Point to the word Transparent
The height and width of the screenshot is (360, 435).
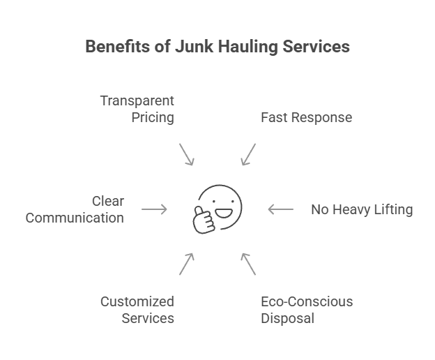(137, 100)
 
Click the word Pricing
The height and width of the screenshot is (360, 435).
(153, 117)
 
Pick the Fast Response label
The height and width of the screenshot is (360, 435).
(306, 117)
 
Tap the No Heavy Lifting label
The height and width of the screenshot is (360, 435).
(362, 209)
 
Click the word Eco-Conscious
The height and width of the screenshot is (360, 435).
(307, 302)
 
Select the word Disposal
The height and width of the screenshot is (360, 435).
(287, 319)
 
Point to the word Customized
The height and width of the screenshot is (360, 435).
(137, 302)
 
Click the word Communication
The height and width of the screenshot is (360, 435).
(75, 218)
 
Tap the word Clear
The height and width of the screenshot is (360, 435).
(108, 201)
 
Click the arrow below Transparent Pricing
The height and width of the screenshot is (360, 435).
(186, 154)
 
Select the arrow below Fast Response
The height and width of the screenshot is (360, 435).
(248, 154)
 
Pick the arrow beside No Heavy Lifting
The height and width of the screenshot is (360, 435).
(280, 209)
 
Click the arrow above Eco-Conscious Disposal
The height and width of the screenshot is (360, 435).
(248, 263)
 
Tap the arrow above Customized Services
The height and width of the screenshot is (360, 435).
(186, 263)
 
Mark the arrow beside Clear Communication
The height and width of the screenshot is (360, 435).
(154, 209)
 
